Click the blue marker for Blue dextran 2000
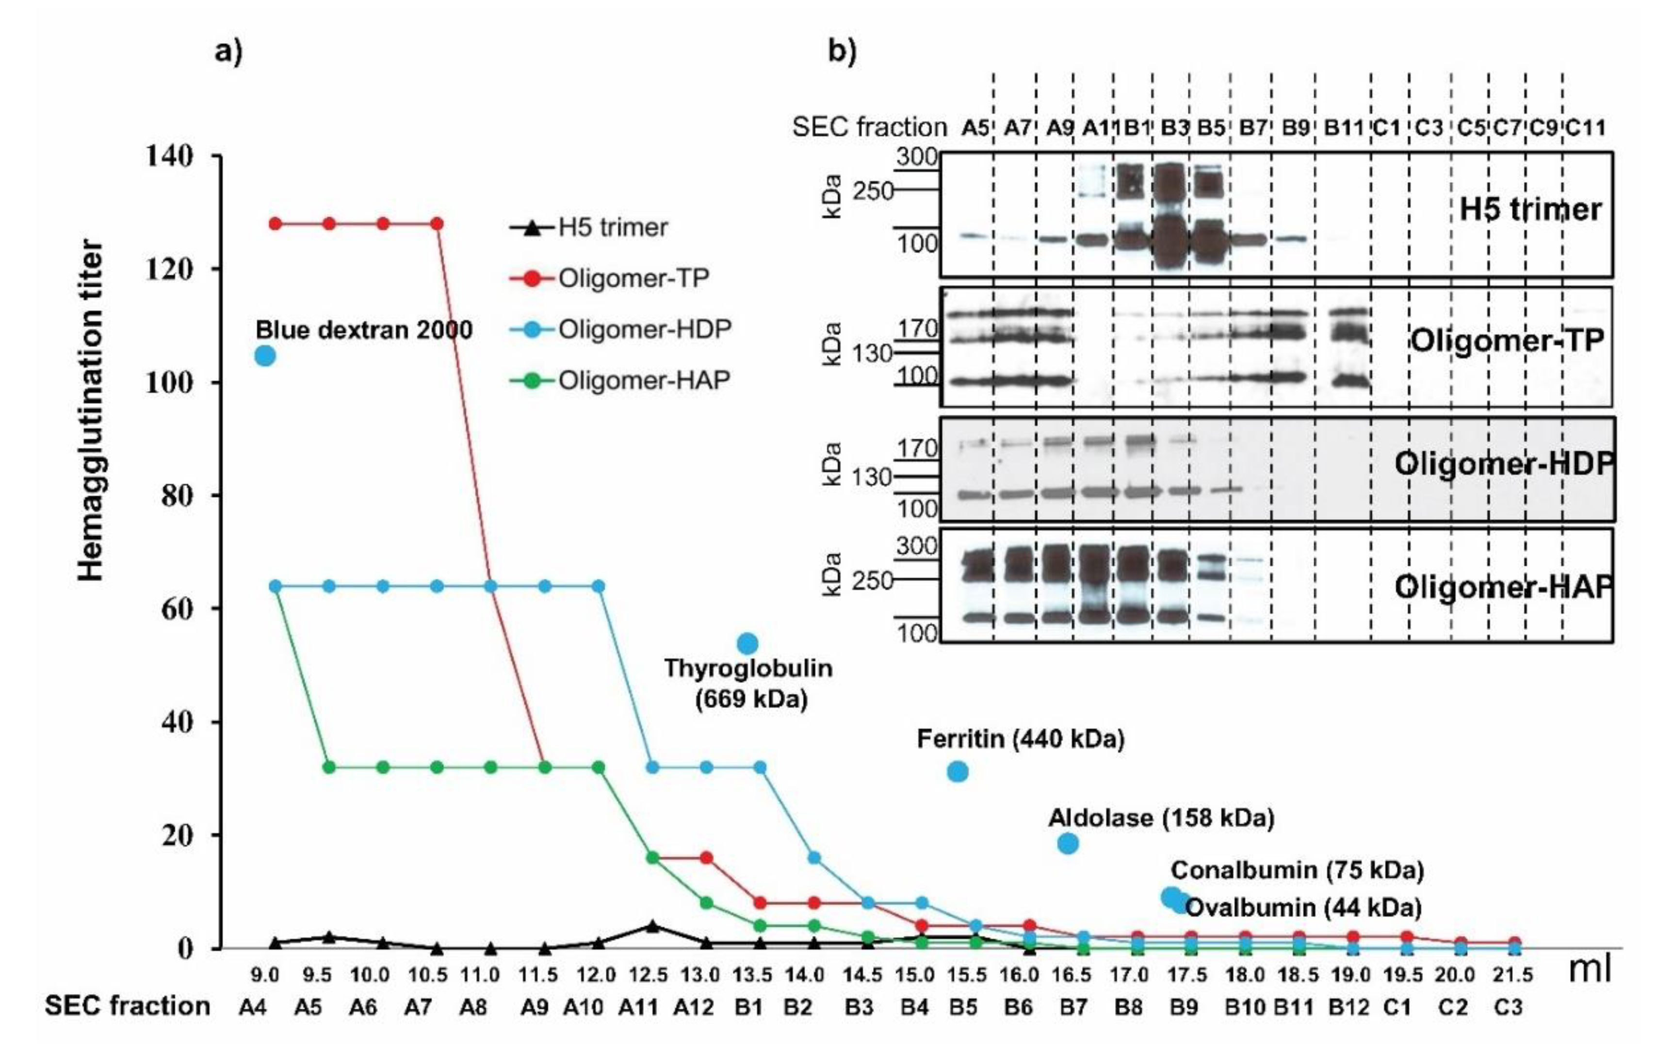point(265,356)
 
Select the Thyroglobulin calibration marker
point(747,644)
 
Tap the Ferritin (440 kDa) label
point(1021,739)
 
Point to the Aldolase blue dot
point(1067,843)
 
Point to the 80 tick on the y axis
point(177,495)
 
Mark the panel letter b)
point(842,51)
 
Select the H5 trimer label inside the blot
point(1530,209)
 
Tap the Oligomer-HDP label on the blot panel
point(1504,464)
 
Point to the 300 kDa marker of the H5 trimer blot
point(917,157)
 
